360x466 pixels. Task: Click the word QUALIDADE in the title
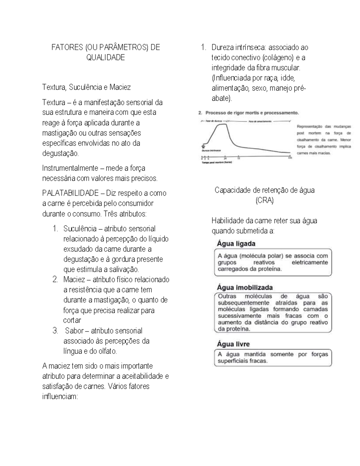pos(105,58)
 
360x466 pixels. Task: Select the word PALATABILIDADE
pos(70,193)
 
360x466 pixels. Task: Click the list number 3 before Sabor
pos(55,331)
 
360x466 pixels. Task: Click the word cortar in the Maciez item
pos(72,320)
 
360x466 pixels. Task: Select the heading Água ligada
pos(236,244)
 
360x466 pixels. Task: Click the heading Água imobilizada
pos(245,287)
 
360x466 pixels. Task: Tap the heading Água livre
pos(233,344)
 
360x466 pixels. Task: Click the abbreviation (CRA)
pos(264,200)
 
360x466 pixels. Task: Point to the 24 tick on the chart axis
pos(225,158)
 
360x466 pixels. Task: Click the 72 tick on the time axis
pos(238,158)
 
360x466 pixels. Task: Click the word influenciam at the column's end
pos(60,397)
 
